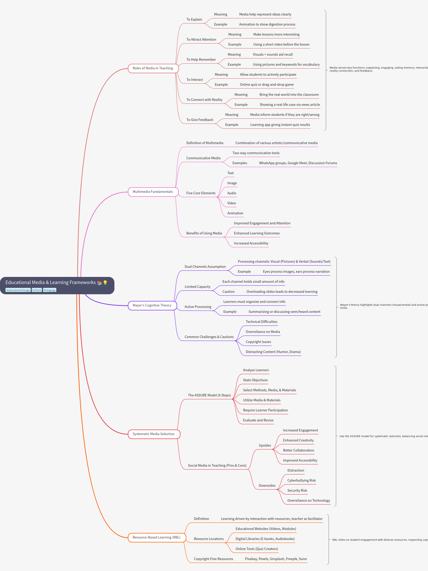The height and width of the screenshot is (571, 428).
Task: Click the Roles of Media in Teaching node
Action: click(x=153, y=68)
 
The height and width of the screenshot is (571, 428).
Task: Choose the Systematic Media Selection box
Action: click(x=153, y=434)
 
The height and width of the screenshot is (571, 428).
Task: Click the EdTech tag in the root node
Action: click(x=37, y=290)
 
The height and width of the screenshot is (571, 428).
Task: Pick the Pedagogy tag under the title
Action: click(x=50, y=290)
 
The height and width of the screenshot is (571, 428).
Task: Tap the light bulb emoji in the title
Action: click(x=105, y=283)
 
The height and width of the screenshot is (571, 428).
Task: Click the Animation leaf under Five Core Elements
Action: click(x=235, y=213)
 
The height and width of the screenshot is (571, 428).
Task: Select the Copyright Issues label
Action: click(x=258, y=342)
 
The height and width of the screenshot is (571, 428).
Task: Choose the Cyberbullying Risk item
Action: click(x=302, y=480)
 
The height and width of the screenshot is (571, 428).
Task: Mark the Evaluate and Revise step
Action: click(x=258, y=420)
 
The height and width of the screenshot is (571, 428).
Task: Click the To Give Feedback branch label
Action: click(x=200, y=120)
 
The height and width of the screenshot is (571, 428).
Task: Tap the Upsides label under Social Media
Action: click(x=265, y=445)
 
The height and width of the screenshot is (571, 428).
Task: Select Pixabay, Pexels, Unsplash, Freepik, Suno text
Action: click(x=276, y=559)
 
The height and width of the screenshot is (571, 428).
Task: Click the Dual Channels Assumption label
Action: click(x=205, y=267)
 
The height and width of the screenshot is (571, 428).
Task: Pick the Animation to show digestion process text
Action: click(x=267, y=24)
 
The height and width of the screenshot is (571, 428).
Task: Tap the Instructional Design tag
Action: click(x=18, y=290)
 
